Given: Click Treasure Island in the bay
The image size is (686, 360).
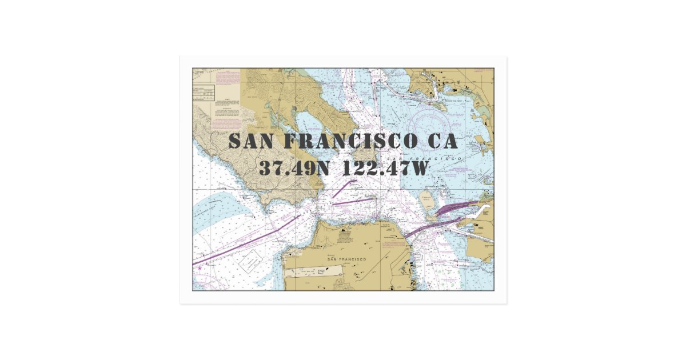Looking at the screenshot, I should click(x=426, y=200).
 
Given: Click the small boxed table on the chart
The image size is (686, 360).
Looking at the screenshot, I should click(x=204, y=93).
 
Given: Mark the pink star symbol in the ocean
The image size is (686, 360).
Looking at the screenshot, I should click(x=199, y=267).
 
